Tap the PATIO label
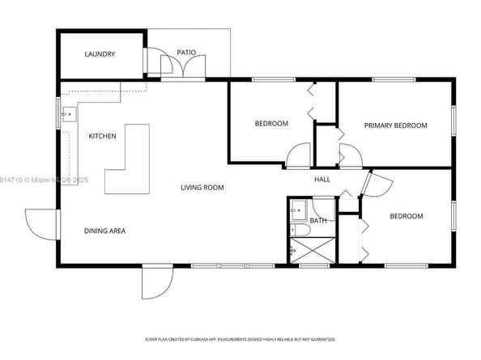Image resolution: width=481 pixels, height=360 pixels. [x=187, y=53]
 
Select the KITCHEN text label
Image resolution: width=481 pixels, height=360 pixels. [x=102, y=136]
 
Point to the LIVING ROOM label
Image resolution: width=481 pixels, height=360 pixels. [x=202, y=188]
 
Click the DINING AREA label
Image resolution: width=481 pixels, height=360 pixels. [x=104, y=231]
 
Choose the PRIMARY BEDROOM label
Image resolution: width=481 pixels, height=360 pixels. [x=394, y=125]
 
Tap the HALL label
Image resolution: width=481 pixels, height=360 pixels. [x=322, y=180]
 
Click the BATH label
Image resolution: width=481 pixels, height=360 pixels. [x=318, y=220]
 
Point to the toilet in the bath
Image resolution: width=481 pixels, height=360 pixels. [x=298, y=232]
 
